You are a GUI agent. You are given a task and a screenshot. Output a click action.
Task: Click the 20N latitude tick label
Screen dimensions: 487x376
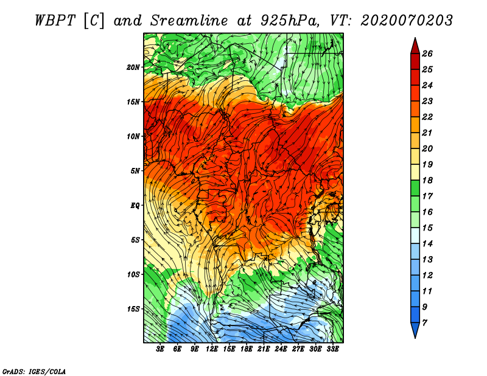click(133, 68)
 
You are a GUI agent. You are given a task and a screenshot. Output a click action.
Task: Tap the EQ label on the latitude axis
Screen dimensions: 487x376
click(135, 206)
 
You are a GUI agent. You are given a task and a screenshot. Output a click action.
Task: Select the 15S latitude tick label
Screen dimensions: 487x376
click(133, 309)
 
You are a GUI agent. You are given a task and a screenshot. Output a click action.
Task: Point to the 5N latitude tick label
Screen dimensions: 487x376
click(135, 171)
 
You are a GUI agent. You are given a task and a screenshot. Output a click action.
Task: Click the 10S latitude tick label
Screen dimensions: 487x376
click(133, 274)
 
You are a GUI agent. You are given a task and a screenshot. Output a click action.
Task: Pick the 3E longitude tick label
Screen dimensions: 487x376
click(160, 349)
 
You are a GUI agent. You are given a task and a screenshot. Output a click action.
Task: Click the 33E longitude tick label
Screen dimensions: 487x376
click(332, 349)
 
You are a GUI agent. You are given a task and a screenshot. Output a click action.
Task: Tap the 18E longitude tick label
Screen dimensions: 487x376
click(247, 349)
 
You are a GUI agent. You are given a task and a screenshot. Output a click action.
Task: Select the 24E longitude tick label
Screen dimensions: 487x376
click(281, 349)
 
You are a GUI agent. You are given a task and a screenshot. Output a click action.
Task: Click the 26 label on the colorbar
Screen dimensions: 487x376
click(427, 54)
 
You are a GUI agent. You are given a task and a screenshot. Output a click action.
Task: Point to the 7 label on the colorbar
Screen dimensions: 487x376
click(424, 323)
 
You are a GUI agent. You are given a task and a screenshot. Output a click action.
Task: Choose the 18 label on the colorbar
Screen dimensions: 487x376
click(427, 180)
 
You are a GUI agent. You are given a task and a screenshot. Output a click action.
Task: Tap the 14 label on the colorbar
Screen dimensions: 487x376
click(427, 244)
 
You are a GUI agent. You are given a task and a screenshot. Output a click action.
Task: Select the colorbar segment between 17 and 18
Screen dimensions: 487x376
click(415, 188)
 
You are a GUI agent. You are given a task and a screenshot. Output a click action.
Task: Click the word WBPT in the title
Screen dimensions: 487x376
click(55, 21)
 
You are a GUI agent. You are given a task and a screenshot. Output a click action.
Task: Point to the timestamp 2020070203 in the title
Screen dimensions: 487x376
click(407, 21)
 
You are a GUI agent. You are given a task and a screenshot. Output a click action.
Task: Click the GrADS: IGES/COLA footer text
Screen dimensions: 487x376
click(34, 372)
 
